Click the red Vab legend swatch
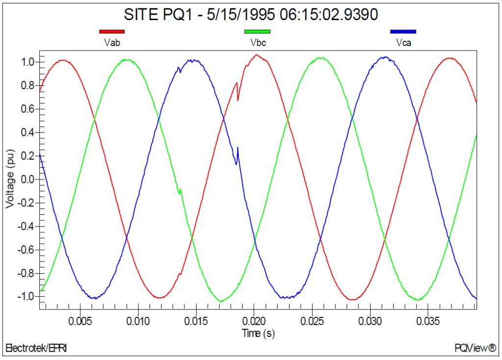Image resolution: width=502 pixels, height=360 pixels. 112,32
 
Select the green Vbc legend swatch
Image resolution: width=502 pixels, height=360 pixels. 257,32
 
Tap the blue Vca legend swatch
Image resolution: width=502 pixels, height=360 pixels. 403,32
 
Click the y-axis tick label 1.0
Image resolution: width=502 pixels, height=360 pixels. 27,62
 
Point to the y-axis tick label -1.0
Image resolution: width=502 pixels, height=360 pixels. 25,297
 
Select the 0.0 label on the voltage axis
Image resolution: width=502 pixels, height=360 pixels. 27,180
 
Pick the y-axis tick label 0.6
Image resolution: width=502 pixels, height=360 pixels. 27,109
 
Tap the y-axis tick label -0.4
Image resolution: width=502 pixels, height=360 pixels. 25,227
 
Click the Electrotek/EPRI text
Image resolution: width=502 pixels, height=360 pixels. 35,349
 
